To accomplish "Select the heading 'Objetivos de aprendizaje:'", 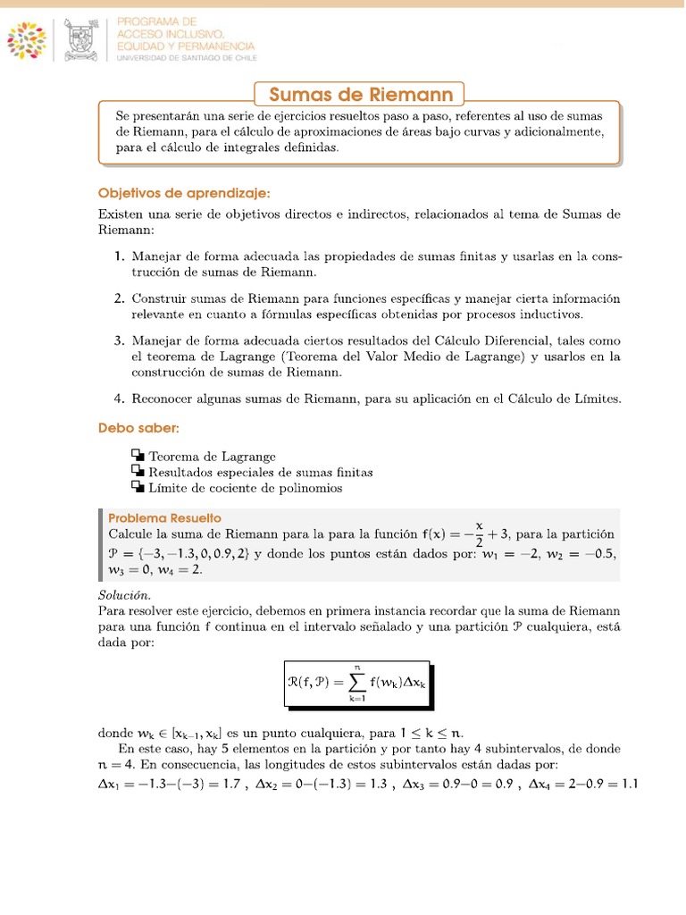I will (183, 193).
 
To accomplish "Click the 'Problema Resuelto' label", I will (164, 518).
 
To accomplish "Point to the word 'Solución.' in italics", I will (124, 595).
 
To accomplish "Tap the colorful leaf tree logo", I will (31, 39).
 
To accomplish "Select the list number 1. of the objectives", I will (119, 256).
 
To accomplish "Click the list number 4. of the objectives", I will (119, 399).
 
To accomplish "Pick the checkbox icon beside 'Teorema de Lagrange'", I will (137, 456).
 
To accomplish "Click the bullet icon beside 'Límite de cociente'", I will (137, 488).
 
